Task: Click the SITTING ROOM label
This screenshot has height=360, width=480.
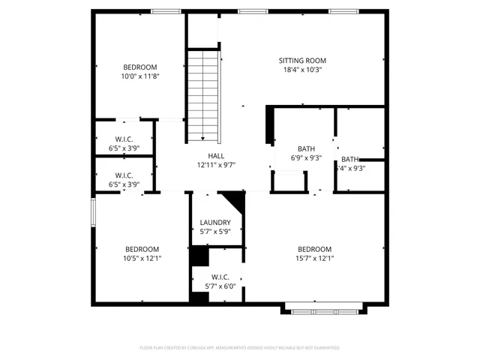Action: [x=302, y=61]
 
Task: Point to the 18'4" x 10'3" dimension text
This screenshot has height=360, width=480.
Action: [x=302, y=70]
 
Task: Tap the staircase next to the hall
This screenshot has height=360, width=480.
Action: [x=203, y=94]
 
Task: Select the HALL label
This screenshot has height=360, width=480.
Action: [x=216, y=155]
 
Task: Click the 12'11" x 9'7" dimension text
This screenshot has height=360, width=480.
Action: [x=216, y=165]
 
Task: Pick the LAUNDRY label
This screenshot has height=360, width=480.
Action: [x=214, y=223]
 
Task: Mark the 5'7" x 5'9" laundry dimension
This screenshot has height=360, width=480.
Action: [x=214, y=232]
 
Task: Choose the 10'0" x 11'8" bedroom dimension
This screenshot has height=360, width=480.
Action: [x=140, y=76]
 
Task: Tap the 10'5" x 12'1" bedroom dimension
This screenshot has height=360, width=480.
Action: [x=142, y=259]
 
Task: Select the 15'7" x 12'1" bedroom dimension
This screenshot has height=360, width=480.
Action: [x=314, y=259]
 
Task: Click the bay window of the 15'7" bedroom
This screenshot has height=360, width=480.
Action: [x=324, y=307]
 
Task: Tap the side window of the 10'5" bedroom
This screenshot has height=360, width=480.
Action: [x=93, y=211]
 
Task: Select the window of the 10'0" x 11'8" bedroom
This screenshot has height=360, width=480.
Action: [x=162, y=11]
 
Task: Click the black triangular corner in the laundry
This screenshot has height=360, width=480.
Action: [x=234, y=201]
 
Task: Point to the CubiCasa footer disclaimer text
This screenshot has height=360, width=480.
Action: [x=240, y=348]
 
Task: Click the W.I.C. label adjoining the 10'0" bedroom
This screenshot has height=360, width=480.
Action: [x=124, y=139]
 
